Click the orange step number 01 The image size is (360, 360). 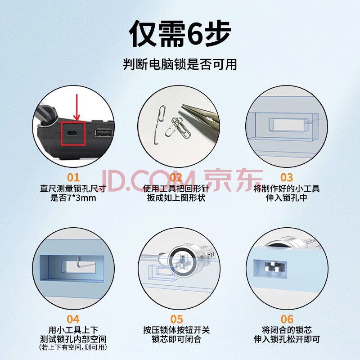tap(73, 177)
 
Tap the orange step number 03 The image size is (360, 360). tap(287, 177)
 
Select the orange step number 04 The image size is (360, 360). tap(73, 319)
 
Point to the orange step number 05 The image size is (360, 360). tap(176, 319)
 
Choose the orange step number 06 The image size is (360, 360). tap(287, 319)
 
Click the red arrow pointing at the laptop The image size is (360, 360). tap(76, 107)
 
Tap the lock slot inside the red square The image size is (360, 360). tap(72, 133)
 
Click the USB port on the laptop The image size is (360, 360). tap(104, 133)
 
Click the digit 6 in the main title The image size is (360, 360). tap(196, 34)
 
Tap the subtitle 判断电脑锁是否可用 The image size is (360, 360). tap(180, 64)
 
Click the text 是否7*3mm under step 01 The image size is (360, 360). tap(73, 198)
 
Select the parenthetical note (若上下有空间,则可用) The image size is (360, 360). tap(73, 347)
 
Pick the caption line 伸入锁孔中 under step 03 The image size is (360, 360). tap(287, 198)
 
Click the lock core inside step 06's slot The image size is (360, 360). tap(274, 267)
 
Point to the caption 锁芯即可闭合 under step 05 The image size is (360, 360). tap(176, 339)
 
